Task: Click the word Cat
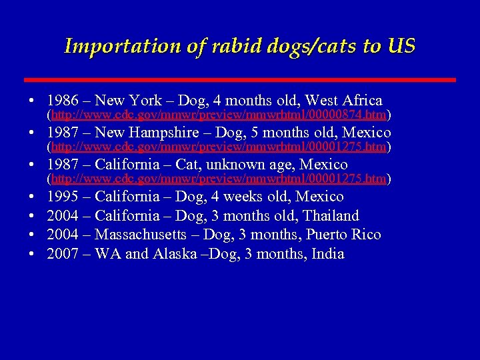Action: [x=186, y=164]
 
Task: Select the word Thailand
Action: [x=331, y=216]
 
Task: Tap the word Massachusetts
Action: [x=142, y=235]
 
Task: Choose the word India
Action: [x=328, y=254]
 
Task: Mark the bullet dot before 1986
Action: [x=33, y=101]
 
